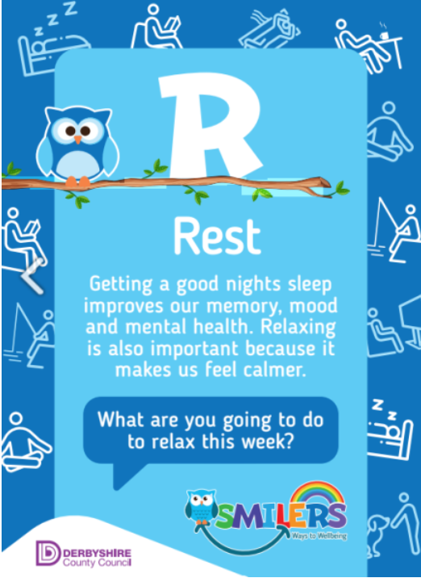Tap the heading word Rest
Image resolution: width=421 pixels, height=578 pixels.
click(x=217, y=236)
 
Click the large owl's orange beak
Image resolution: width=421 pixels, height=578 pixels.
click(x=77, y=140)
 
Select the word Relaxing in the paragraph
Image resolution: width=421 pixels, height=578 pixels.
click(x=298, y=327)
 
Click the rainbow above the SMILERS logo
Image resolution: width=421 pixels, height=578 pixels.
click(x=317, y=493)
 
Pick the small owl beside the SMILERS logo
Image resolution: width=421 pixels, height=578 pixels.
click(x=201, y=506)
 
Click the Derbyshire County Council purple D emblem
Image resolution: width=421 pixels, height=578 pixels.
click(x=48, y=552)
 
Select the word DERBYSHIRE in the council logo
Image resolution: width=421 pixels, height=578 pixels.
click(x=98, y=553)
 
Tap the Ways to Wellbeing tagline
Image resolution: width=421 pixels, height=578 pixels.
click(x=319, y=535)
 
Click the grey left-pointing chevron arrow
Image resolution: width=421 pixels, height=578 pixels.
click(x=32, y=275)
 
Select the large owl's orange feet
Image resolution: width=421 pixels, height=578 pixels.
click(x=77, y=182)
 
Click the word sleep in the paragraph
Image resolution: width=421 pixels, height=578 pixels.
click(x=311, y=285)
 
